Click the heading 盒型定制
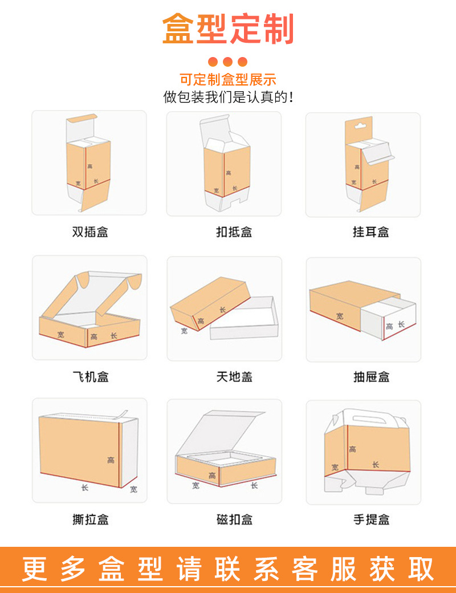click(228, 30)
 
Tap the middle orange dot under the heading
click(228, 62)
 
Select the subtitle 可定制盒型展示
click(228, 80)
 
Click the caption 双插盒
click(90, 232)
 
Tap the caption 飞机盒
click(90, 377)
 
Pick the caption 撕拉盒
click(90, 519)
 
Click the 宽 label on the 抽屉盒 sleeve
click(340, 315)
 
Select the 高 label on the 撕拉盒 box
click(111, 460)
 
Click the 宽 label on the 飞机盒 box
click(60, 335)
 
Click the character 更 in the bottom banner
click(35, 570)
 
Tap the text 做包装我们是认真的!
click(228, 97)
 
